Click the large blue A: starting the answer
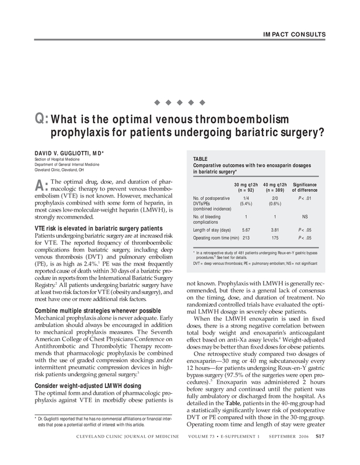[x=42, y=186]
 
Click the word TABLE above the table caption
[x=201, y=158]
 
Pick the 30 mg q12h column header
[x=246, y=187]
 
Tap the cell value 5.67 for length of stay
[x=246, y=230]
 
